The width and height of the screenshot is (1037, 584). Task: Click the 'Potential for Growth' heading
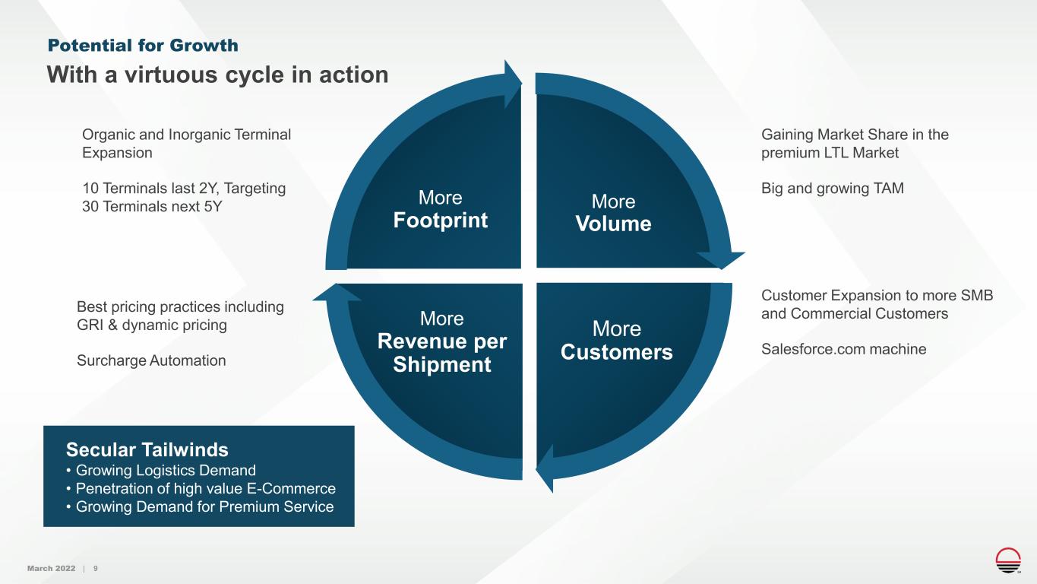pyautogui.click(x=143, y=46)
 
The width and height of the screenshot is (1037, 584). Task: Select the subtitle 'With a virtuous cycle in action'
pyautogui.click(x=218, y=75)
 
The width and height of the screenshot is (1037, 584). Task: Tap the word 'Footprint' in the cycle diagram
pyautogui.click(x=441, y=221)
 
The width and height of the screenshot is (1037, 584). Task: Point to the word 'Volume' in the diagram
pyautogui.click(x=613, y=224)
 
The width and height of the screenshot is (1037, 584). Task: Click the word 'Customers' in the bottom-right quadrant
pyautogui.click(x=616, y=353)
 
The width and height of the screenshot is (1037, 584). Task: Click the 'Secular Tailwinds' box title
pyautogui.click(x=147, y=449)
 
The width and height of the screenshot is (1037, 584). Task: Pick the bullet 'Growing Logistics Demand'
pyautogui.click(x=161, y=470)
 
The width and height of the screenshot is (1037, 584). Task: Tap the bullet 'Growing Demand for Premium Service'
pyautogui.click(x=200, y=506)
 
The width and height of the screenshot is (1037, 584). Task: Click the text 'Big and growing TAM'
pyautogui.click(x=833, y=188)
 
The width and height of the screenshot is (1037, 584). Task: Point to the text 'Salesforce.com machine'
pyautogui.click(x=843, y=349)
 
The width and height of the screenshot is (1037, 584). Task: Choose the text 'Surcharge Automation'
pyautogui.click(x=151, y=360)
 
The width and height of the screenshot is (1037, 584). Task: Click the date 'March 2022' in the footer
pyautogui.click(x=51, y=569)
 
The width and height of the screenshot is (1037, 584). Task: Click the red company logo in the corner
pyautogui.click(x=1008, y=559)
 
